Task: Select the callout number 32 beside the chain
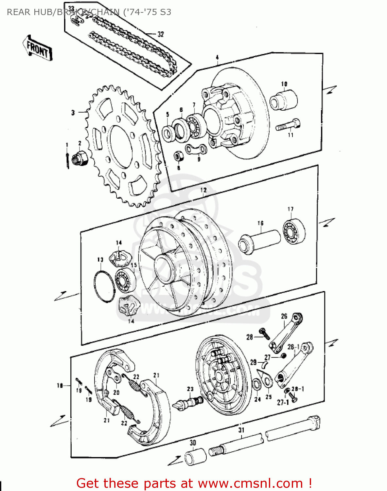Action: point(160,34)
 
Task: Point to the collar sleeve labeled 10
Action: point(284,100)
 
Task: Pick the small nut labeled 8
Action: point(178,155)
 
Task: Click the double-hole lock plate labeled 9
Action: point(196,149)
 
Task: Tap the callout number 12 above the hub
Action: point(203,190)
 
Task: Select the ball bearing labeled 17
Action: point(294,231)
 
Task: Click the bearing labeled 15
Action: point(125,281)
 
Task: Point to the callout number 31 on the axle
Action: point(241,430)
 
